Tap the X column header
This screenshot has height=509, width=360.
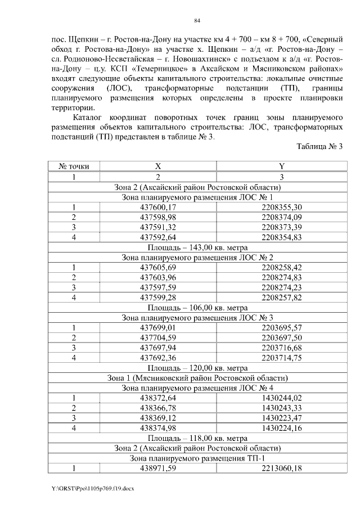tap(158, 167)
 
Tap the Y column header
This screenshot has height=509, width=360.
tap(281, 167)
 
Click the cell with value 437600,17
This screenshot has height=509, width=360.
tap(158, 208)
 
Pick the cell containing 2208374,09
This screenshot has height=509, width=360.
tap(281, 217)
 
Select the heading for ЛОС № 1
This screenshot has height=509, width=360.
tap(197, 197)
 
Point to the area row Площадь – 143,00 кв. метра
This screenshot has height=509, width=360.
tap(197, 247)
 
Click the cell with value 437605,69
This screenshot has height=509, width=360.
tap(158, 268)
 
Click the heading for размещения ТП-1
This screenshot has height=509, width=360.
tap(197, 458)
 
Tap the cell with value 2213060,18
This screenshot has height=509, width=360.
tap(281, 468)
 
